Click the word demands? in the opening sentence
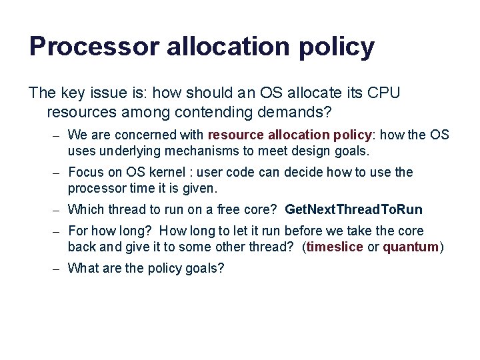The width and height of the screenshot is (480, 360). [299, 111]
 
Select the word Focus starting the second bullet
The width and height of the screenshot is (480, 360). [85, 173]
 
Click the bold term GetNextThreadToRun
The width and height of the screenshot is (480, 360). [353, 210]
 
